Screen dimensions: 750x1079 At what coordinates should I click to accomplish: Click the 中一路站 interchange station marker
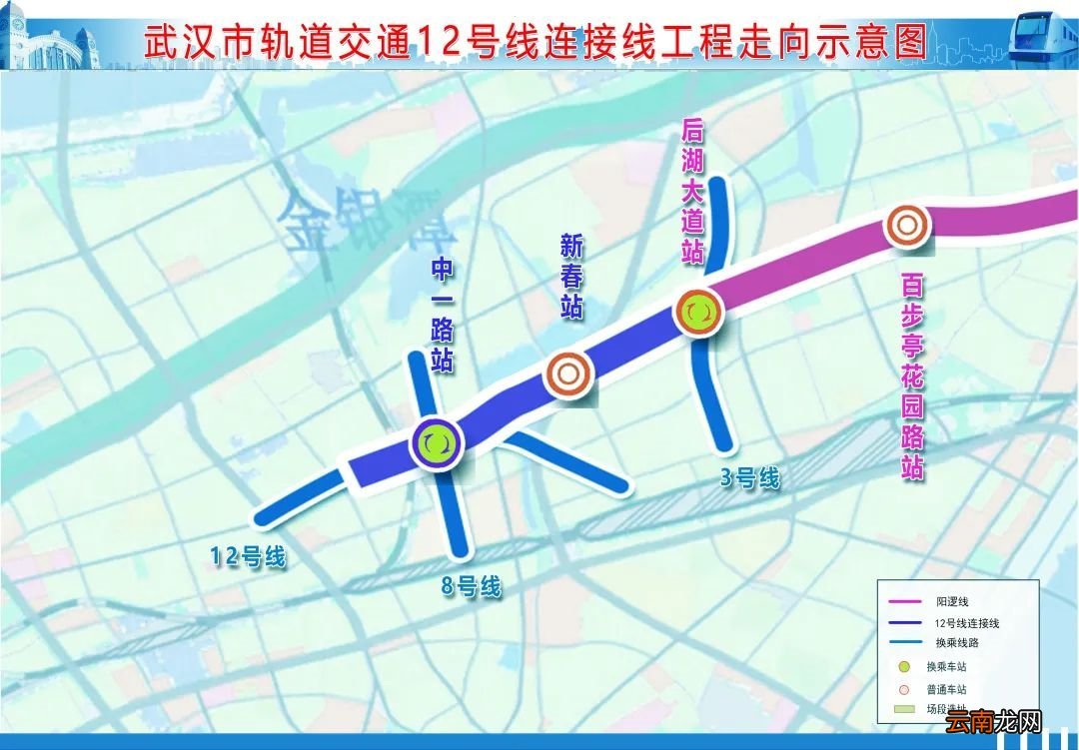(437, 441)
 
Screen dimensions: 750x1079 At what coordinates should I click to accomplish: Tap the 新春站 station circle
(567, 375)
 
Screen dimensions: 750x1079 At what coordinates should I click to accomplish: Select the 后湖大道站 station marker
(698, 312)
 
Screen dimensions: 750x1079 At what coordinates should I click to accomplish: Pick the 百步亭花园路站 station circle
(906, 226)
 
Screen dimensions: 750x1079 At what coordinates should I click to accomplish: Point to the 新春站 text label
(570, 277)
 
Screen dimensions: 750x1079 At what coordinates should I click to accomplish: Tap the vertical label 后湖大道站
(692, 191)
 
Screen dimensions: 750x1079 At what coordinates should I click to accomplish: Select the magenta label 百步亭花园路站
(912, 376)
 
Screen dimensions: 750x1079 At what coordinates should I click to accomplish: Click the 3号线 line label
(749, 478)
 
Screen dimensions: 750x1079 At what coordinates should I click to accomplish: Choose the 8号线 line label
(471, 586)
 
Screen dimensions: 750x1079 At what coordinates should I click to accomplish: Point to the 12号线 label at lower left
(248, 556)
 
